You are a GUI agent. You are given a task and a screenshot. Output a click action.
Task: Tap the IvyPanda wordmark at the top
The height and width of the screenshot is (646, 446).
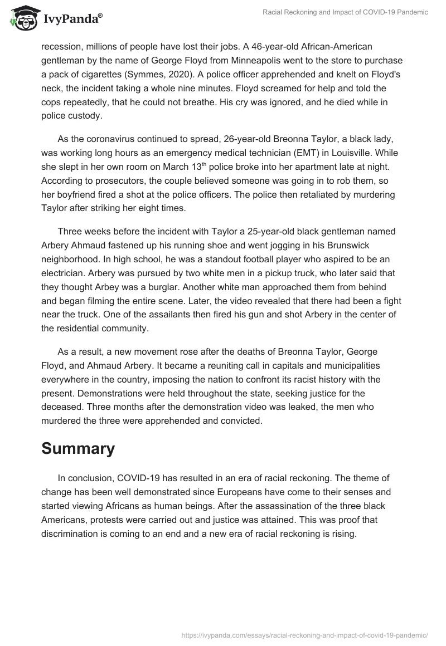(72, 20)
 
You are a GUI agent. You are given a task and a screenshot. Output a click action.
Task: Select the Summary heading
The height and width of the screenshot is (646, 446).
(78, 449)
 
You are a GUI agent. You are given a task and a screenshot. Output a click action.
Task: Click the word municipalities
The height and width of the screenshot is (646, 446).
(345, 365)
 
